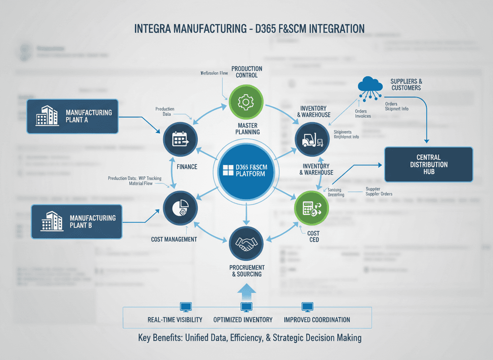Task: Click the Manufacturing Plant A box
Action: [72, 116]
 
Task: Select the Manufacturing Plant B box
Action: [77, 222]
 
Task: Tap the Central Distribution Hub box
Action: [428, 164]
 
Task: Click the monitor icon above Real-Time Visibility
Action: [185, 307]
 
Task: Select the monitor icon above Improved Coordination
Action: [307, 307]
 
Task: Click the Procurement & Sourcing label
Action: [246, 271]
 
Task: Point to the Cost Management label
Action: [174, 240]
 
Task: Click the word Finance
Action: [187, 167]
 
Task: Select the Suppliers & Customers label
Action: [406, 85]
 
